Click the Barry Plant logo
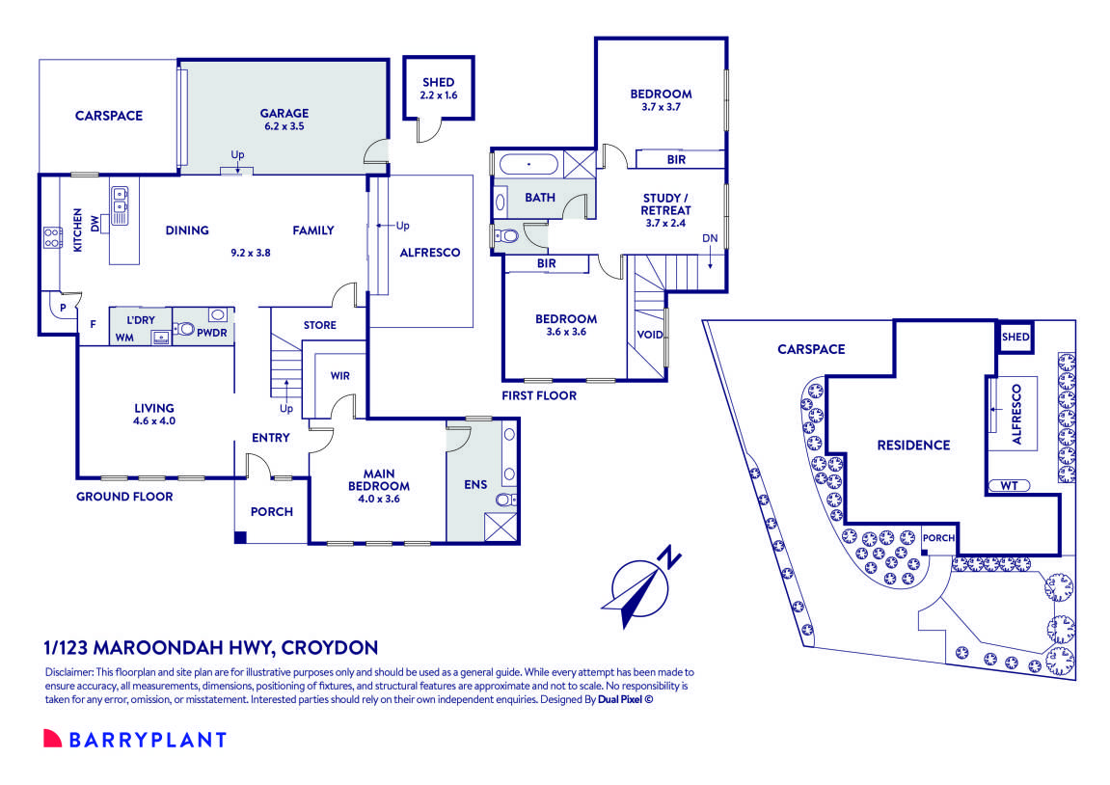pos(135,740)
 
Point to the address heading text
pos(211,647)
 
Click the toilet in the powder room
pos(184,329)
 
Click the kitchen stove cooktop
pos(51,237)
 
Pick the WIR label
pos(339,374)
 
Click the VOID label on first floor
pos(649,335)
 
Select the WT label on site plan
pos(1010,485)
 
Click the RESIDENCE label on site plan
pos(913,445)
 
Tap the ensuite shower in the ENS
pos(502,527)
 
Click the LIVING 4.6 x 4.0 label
pos(154,415)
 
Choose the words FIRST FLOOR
pos(539,395)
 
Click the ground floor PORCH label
pos(271,511)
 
